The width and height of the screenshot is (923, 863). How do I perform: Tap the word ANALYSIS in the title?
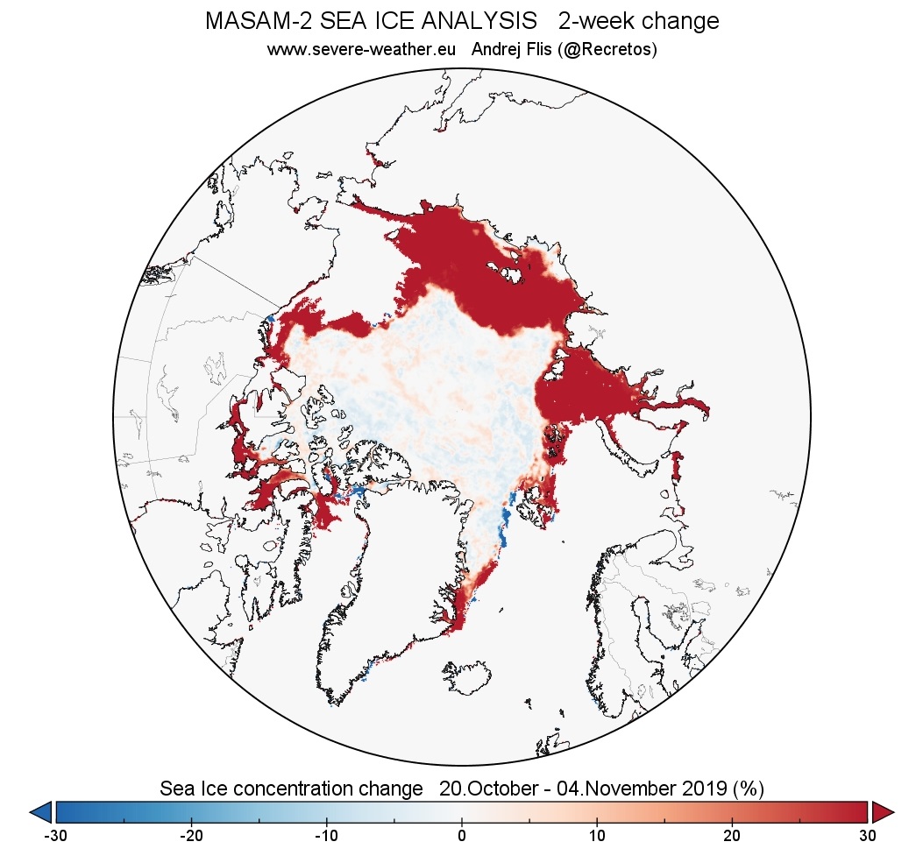pos(472,22)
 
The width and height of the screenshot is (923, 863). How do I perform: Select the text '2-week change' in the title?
pos(638,22)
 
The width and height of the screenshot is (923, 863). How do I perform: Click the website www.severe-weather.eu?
pos(361,50)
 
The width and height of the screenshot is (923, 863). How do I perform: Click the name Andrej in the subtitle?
pos(496,50)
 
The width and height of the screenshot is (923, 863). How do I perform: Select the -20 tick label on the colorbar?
pos(191,836)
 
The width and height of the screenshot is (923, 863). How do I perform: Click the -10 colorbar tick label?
pos(326,836)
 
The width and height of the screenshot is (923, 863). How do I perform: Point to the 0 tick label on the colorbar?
pos(462,836)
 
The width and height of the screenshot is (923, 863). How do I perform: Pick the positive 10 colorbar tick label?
pos(597,836)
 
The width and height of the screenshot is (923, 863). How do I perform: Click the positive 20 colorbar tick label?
pos(732,836)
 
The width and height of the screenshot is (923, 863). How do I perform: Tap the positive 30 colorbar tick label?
pos(867,836)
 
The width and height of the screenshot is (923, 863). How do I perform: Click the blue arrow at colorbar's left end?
pos(41,812)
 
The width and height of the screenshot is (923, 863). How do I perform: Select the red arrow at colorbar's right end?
pos(883,812)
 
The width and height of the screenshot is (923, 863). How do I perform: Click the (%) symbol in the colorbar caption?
pos(748,789)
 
